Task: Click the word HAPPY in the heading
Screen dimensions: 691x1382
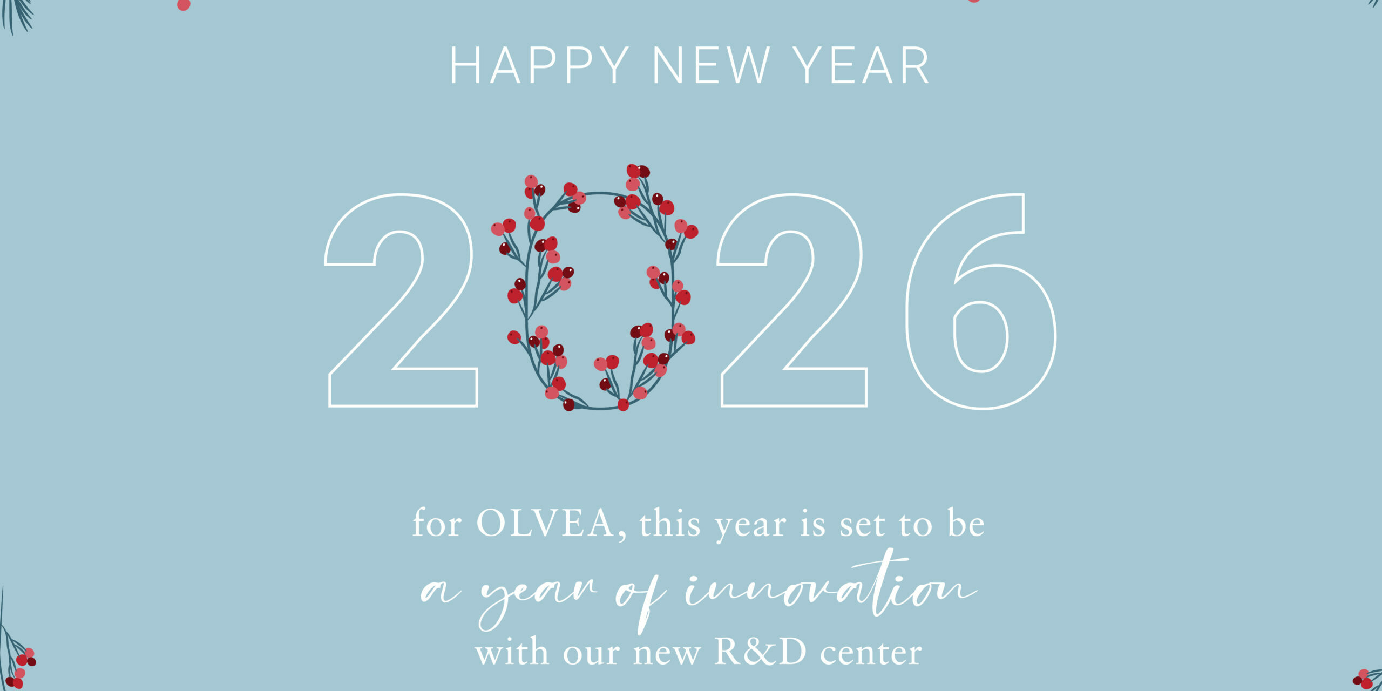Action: coord(539,65)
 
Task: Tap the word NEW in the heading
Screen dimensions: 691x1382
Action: coord(711,65)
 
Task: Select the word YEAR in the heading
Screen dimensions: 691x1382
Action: coord(862,65)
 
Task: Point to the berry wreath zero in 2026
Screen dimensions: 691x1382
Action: coord(597,292)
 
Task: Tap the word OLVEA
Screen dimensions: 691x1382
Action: coord(545,524)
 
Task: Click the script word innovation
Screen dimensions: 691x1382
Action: coord(831,588)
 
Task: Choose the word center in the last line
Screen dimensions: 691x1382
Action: coord(870,654)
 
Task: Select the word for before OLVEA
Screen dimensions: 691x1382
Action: coord(437,524)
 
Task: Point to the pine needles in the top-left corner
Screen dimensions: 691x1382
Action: coord(16,13)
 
